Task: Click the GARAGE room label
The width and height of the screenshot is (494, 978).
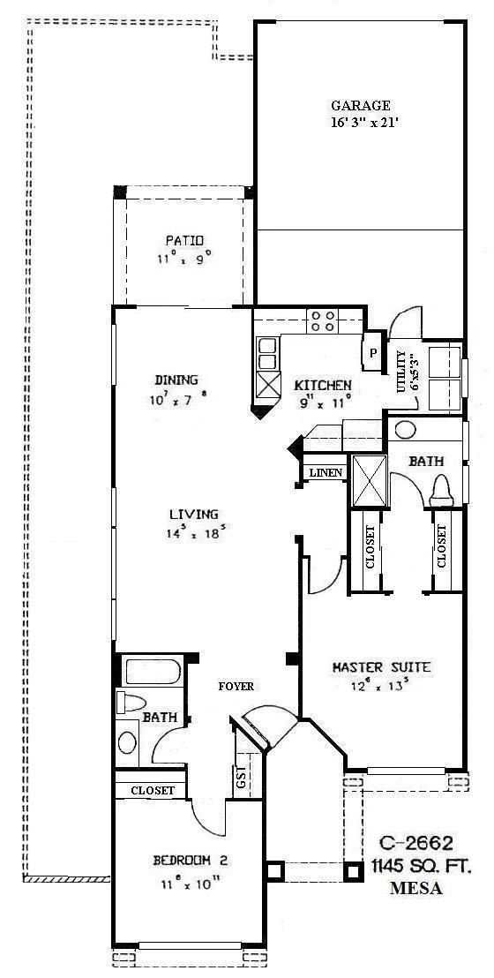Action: coord(360,106)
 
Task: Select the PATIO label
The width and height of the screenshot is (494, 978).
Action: coord(184,240)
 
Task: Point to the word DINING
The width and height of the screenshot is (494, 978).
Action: coord(176,380)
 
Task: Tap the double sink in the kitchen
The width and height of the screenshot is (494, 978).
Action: coord(266,355)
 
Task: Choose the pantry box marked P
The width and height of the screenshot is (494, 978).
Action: coord(373,350)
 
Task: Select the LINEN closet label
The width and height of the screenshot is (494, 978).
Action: coord(325,474)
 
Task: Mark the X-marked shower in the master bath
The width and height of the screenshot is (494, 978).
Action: coord(369,481)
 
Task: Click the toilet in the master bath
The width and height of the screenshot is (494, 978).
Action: coord(441,489)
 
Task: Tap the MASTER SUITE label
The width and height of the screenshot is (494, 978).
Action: coord(381,667)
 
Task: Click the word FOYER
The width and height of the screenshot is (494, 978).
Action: coord(236,686)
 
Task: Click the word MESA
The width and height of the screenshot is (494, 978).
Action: coord(416,889)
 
